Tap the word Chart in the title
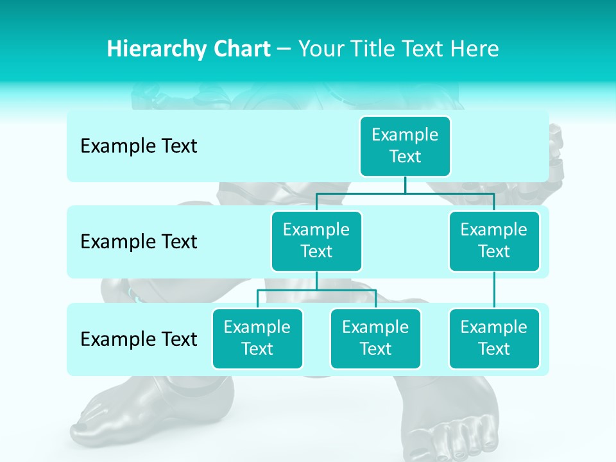pos(239,49)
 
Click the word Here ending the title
pos(475,49)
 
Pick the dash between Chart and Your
pos(284,49)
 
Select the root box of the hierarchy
pos(405,146)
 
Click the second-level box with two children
pos(316,241)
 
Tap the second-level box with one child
pos(494,241)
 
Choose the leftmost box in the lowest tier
pos(257,338)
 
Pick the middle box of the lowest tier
pos(375,338)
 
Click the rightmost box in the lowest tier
pos(494,338)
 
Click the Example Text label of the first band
pos(139,146)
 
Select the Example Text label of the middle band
pos(139,242)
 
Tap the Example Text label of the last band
pos(139,339)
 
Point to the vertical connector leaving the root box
pos(405,185)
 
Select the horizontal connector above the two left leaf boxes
pos(316,290)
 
